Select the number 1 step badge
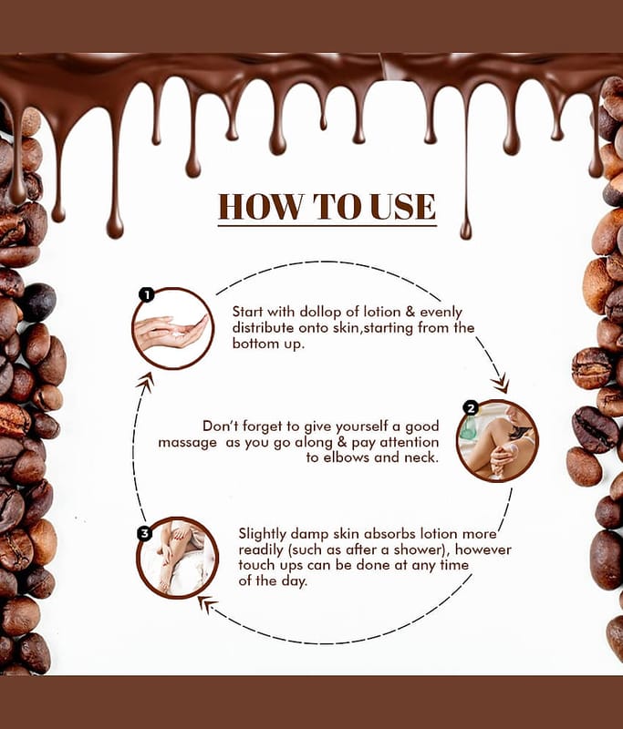tap(147, 294)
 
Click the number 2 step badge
tap(472, 408)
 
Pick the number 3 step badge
tap(145, 533)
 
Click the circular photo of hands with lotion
tap(173, 329)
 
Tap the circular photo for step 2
tap(497, 441)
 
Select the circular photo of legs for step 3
tap(178, 558)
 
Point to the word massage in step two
tap(188, 443)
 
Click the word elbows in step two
tap(347, 457)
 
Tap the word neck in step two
tap(421, 457)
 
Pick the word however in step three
tap(483, 550)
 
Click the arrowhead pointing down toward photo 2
tap(501, 385)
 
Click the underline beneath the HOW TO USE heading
tap(327, 226)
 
